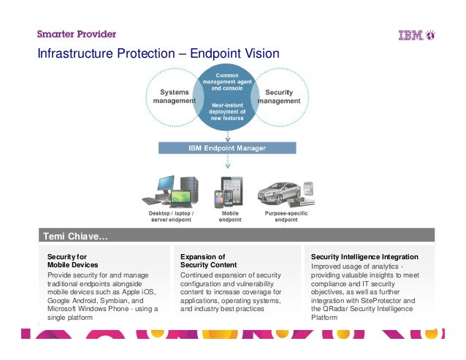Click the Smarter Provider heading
[77, 34]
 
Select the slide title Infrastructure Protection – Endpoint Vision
[158, 54]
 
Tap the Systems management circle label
[174, 96]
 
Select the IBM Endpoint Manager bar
[228, 148]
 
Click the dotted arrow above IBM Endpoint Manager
[228, 136]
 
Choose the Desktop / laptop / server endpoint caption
[167, 217]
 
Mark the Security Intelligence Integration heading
[364, 257]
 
